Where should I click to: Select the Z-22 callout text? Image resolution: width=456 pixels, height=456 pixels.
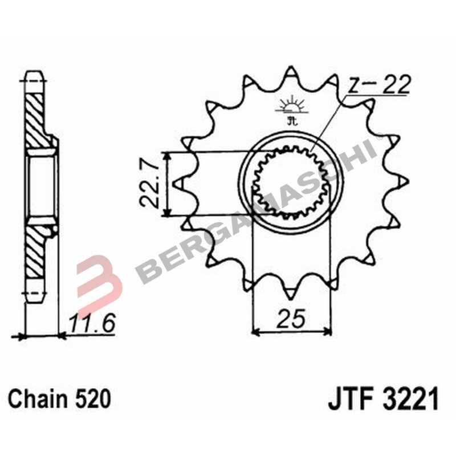point(378,85)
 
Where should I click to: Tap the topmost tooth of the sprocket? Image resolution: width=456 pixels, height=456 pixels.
point(291,73)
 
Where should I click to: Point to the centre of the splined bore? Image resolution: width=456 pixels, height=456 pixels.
point(291,183)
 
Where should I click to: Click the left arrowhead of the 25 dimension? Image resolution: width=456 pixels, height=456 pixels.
point(255,330)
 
